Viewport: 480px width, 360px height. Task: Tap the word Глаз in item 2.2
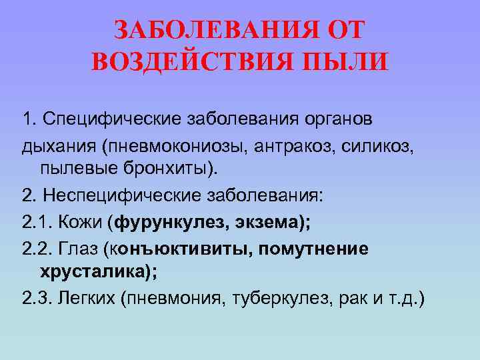[x=79, y=249]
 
